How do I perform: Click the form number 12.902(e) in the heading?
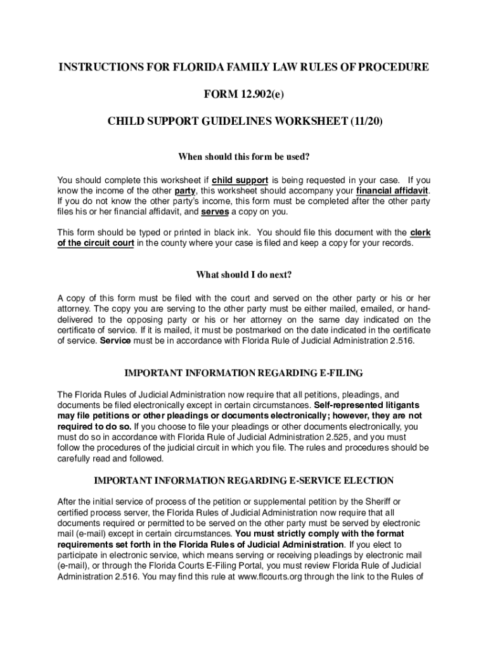click(262, 95)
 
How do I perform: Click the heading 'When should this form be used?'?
click(243, 157)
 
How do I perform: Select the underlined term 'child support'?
click(240, 180)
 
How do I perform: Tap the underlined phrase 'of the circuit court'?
click(96, 243)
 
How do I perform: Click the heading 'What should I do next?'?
click(243, 274)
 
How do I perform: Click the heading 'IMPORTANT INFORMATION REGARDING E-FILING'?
click(243, 372)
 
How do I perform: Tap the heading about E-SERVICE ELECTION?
click(243, 480)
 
